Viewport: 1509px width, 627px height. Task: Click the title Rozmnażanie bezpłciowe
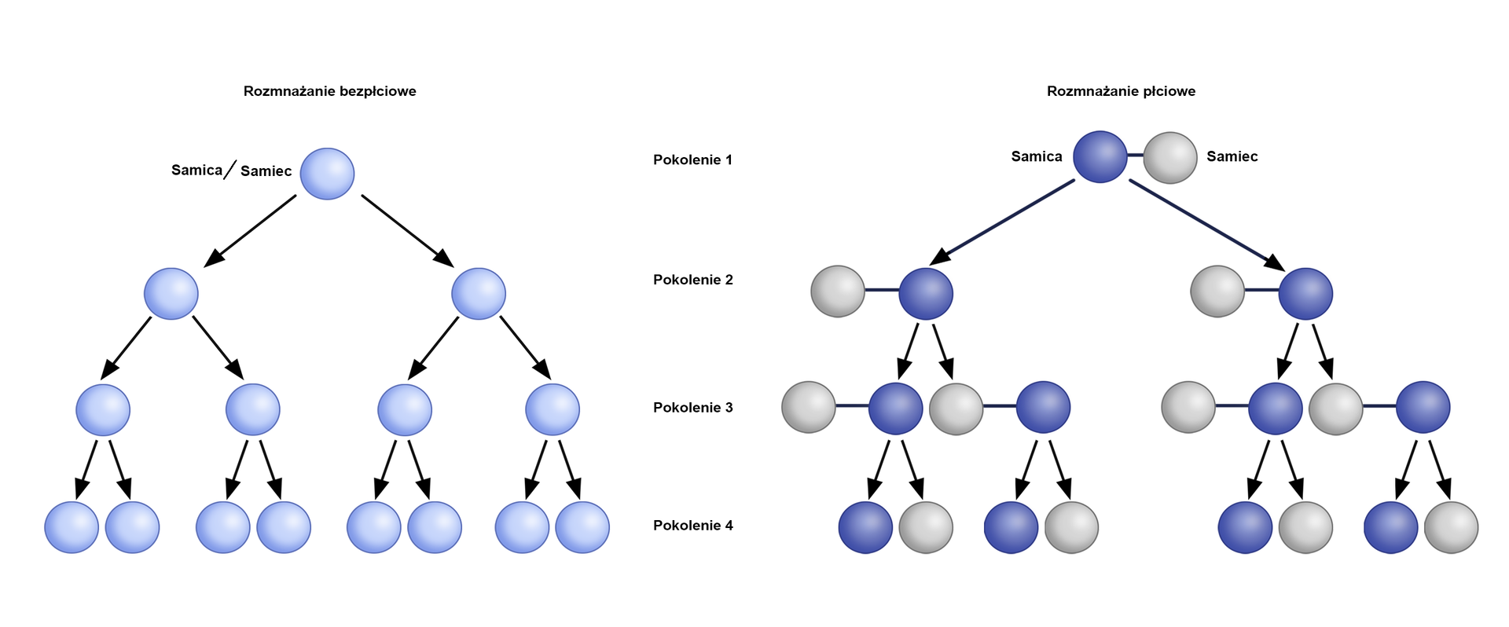tap(329, 91)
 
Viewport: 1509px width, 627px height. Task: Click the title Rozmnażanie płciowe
tap(1121, 91)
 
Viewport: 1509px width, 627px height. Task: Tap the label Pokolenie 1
tap(692, 159)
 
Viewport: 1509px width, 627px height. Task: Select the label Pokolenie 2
tap(692, 280)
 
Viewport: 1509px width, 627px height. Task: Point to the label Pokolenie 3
tap(692, 407)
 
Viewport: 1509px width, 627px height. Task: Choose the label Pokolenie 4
tap(692, 525)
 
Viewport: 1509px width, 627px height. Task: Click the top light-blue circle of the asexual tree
tap(327, 174)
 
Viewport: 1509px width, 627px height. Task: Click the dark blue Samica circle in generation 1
tap(1100, 157)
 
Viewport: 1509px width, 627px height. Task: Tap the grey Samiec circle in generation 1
tap(1169, 158)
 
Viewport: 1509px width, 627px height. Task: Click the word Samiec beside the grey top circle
tap(1232, 156)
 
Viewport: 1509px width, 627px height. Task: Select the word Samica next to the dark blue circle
tap(1036, 156)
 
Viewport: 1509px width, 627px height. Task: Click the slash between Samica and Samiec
tap(229, 170)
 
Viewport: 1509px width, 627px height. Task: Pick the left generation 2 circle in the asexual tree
tap(171, 294)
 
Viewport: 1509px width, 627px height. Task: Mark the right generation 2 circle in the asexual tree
tap(478, 294)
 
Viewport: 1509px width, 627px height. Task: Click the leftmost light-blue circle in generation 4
tap(72, 527)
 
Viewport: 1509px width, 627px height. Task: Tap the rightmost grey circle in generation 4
tap(1451, 527)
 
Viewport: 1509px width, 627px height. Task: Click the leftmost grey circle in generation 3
tap(808, 407)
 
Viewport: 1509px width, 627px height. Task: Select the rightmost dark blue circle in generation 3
tap(1423, 407)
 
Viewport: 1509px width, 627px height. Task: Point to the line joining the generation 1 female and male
tap(1135, 156)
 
